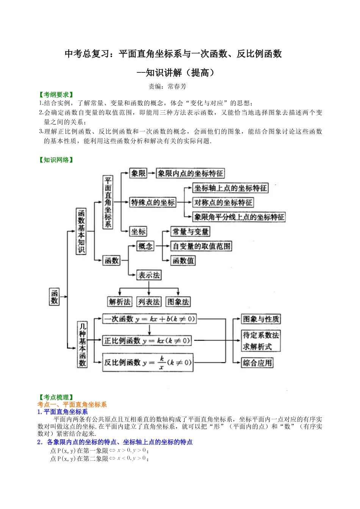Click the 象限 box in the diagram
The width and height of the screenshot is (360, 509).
pos(138,173)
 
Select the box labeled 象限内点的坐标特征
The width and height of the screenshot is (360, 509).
pos(190,173)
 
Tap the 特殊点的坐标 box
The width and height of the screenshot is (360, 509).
pos(153,202)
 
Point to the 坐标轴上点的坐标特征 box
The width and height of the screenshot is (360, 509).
pos(230,188)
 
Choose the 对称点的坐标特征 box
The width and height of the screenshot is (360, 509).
pos(223,203)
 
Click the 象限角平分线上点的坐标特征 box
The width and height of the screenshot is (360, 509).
pos(239,217)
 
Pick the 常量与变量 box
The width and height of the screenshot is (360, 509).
pos(190,231)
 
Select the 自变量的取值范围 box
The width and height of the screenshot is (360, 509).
pos(201,246)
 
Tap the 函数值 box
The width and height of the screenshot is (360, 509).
pos(183,261)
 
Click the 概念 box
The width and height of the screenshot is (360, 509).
pos(145,246)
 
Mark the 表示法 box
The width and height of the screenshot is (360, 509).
pos(149,275)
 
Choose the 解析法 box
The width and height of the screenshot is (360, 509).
pos(119,302)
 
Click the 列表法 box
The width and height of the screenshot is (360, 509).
pos(149,302)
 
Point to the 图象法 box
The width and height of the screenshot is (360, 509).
pos(178,302)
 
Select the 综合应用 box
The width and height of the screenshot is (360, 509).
pos(257,363)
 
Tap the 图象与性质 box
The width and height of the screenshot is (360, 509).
pos(261,319)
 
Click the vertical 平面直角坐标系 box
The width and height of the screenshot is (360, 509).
pos(108,202)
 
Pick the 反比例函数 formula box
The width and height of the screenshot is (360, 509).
pos(148,362)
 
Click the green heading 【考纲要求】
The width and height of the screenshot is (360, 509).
pos(56,95)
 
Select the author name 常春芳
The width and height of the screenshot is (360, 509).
pos(177,86)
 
